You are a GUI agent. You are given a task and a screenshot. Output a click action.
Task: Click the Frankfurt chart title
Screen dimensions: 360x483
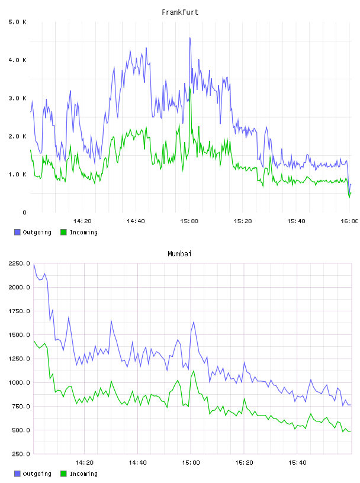pyautogui.click(x=180, y=12)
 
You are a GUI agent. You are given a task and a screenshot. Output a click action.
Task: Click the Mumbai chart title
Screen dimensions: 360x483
pyautogui.click(x=179, y=254)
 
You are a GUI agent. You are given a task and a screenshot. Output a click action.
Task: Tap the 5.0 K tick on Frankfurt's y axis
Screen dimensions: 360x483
pyautogui.click(x=17, y=22)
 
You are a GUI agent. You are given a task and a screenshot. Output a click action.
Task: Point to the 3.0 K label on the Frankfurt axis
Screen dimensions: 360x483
pyautogui.click(x=17, y=98)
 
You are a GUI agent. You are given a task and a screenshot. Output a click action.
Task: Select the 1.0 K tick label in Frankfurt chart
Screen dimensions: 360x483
pyautogui.click(x=17, y=175)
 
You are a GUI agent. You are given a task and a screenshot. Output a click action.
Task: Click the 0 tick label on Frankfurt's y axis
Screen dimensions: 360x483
pyautogui.click(x=24, y=212)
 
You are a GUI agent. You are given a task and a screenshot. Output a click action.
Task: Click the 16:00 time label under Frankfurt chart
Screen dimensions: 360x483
pyautogui.click(x=349, y=221)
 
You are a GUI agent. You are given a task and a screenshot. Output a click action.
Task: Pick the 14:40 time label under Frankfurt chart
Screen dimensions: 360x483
pyautogui.click(x=136, y=221)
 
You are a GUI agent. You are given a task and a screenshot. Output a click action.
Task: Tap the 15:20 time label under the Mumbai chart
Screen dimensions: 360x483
pyautogui.click(x=244, y=463)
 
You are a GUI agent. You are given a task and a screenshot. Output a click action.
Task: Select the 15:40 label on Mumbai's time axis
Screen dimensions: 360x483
pyautogui.click(x=297, y=463)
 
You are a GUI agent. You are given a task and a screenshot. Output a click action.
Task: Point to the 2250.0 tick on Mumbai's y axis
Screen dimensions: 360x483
pyautogui.click(x=19, y=263)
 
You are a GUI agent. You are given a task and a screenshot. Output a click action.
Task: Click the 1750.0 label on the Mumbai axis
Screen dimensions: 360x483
pyautogui.click(x=19, y=311)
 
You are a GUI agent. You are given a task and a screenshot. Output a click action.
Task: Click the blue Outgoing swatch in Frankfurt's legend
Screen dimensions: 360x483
pyautogui.click(x=17, y=232)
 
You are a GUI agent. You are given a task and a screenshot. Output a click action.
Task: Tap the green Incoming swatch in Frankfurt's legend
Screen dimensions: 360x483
pyautogui.click(x=63, y=232)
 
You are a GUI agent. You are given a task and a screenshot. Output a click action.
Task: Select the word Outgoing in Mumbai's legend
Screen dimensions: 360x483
pyautogui.click(x=37, y=474)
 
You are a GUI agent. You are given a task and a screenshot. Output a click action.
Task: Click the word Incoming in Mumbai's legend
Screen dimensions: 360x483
pyautogui.click(x=83, y=474)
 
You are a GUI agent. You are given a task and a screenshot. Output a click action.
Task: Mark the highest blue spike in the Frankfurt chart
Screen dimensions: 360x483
pyautogui.click(x=190, y=38)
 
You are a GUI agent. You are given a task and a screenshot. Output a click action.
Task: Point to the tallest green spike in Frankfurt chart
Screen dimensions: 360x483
pyautogui.click(x=190, y=88)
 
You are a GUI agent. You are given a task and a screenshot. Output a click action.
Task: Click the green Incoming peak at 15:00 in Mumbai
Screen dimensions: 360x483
pyautogui.click(x=194, y=371)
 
